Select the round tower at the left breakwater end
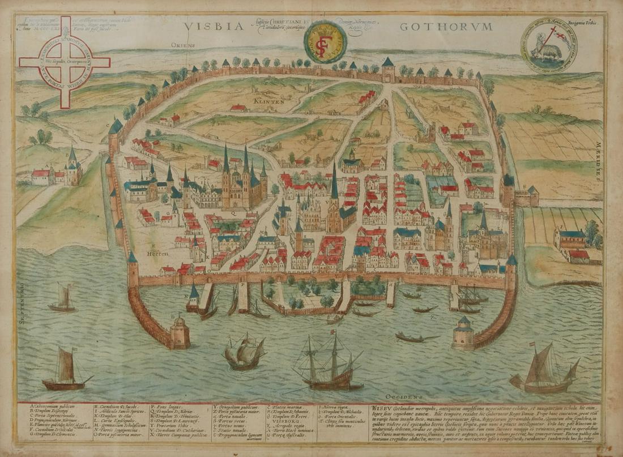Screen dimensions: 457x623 pos(180,331)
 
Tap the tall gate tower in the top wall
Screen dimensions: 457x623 pos(388,70)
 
